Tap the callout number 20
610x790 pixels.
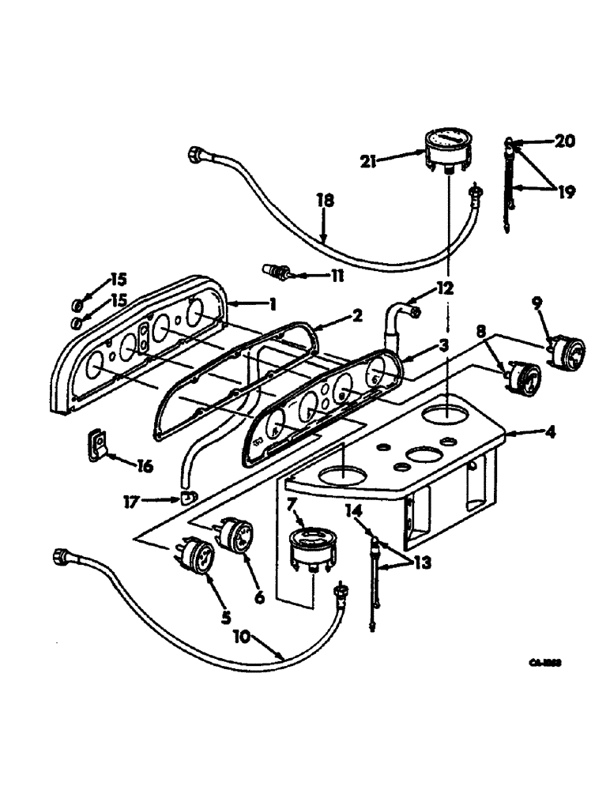click(x=564, y=141)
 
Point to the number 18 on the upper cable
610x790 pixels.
click(x=326, y=202)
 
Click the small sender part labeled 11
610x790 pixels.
click(x=277, y=273)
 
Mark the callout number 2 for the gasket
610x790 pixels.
click(x=357, y=317)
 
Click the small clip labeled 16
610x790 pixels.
click(x=97, y=444)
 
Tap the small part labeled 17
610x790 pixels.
click(x=187, y=498)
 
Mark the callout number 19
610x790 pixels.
click(x=565, y=191)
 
